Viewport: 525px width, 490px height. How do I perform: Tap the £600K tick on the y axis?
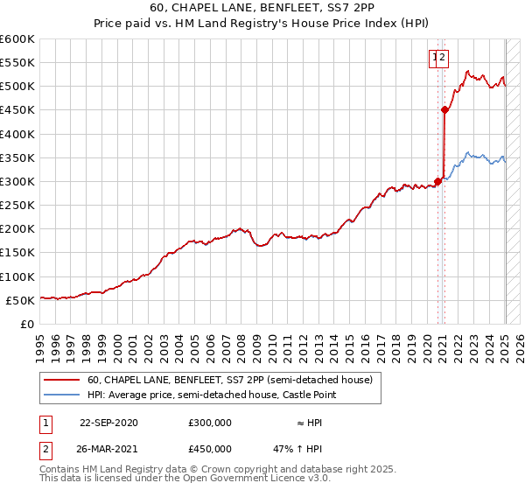point(17,39)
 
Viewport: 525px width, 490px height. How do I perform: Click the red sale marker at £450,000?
point(444,110)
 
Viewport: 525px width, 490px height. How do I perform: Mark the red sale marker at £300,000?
point(437,182)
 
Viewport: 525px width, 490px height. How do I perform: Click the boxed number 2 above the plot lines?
point(444,59)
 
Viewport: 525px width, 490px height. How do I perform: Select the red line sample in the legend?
point(60,380)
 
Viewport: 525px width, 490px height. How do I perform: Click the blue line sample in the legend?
point(60,395)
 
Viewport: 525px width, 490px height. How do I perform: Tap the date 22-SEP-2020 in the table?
point(108,422)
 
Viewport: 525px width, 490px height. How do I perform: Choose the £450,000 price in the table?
point(209,451)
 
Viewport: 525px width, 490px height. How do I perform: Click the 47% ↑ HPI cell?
point(298,451)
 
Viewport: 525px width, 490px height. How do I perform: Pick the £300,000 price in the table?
point(209,422)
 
